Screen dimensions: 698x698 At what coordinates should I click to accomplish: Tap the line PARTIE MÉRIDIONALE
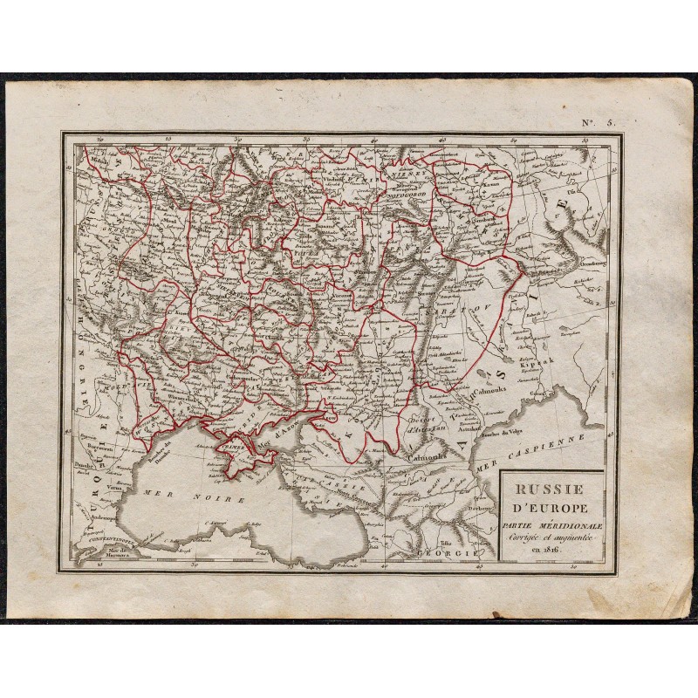pos(552,525)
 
